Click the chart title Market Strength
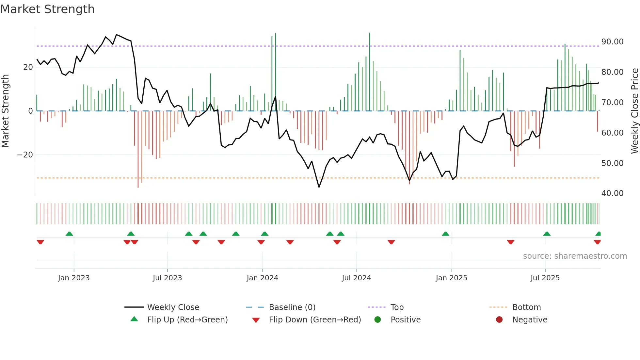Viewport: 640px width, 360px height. [47, 9]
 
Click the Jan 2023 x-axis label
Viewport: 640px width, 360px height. [74, 278]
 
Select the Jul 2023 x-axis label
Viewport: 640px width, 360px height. [167, 278]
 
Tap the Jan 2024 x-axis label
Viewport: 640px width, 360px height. [262, 278]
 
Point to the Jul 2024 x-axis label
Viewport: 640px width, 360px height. [356, 278]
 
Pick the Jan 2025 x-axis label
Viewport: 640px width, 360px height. [451, 278]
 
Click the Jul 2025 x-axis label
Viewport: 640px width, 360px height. [545, 278]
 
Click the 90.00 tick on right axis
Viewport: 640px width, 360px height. [612, 42]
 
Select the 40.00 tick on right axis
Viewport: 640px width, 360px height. [612, 193]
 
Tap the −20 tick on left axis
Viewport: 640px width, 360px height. [25, 155]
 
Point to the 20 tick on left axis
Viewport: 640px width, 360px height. [28, 67]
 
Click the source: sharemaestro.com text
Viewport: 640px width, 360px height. [575, 256]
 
